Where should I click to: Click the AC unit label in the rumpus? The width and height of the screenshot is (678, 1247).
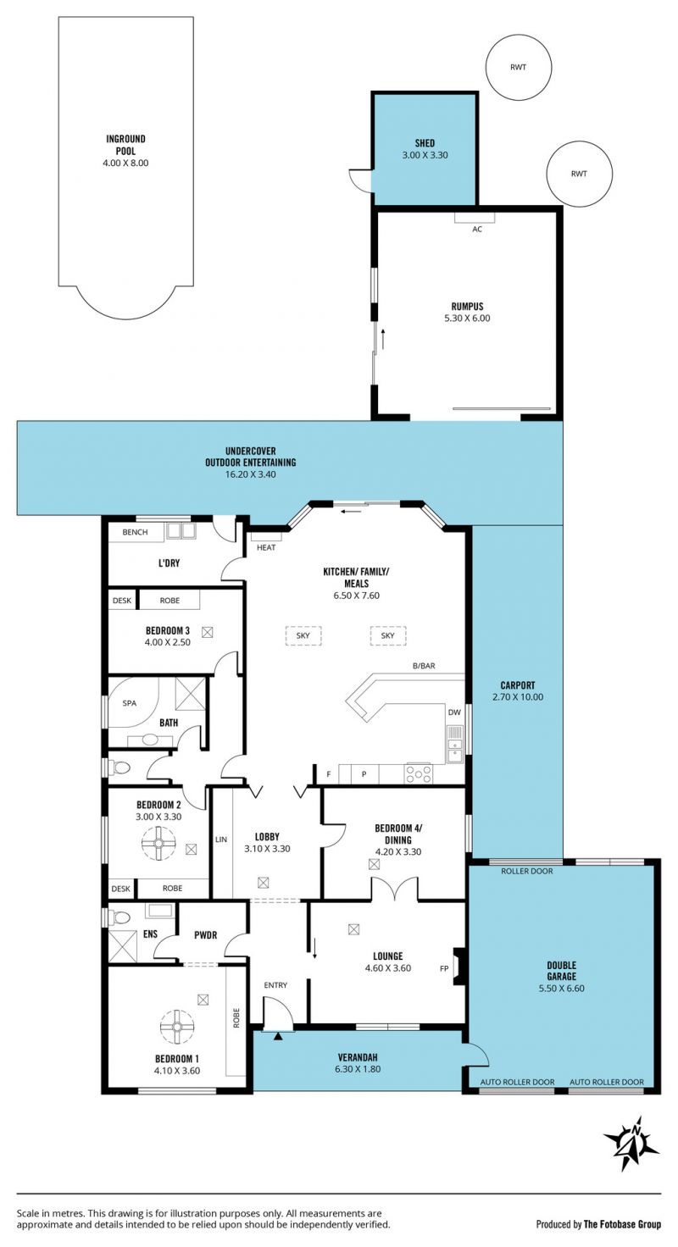pyautogui.click(x=477, y=229)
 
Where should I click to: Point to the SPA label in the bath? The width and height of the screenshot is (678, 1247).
pyautogui.click(x=130, y=703)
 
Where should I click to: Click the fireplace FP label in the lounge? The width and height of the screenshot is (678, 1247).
pyautogui.click(x=444, y=968)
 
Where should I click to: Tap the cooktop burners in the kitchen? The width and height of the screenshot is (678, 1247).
pyautogui.click(x=419, y=773)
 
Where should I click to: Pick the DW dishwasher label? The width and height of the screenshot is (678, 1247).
pyautogui.click(x=454, y=712)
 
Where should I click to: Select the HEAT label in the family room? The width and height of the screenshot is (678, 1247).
pyautogui.click(x=266, y=547)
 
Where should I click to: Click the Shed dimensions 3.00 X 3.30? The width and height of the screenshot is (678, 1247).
pyautogui.click(x=425, y=155)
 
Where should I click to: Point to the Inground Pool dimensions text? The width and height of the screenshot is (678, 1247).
pyautogui.click(x=125, y=163)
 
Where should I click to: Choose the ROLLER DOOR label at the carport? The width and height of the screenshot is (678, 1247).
pyautogui.click(x=526, y=871)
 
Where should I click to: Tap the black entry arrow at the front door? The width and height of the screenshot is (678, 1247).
pyautogui.click(x=277, y=1036)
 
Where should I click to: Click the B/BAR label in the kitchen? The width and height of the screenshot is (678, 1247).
pyautogui.click(x=424, y=665)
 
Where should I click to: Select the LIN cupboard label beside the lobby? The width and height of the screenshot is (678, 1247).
pyautogui.click(x=221, y=839)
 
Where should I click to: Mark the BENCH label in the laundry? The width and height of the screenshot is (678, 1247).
pyautogui.click(x=135, y=532)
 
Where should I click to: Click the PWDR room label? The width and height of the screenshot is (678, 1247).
pyautogui.click(x=206, y=935)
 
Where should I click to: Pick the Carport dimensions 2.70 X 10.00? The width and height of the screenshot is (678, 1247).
pyautogui.click(x=518, y=697)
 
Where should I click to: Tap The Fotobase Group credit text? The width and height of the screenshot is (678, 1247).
pyautogui.click(x=622, y=1224)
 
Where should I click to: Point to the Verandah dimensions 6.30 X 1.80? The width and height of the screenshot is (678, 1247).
pyautogui.click(x=358, y=1069)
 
